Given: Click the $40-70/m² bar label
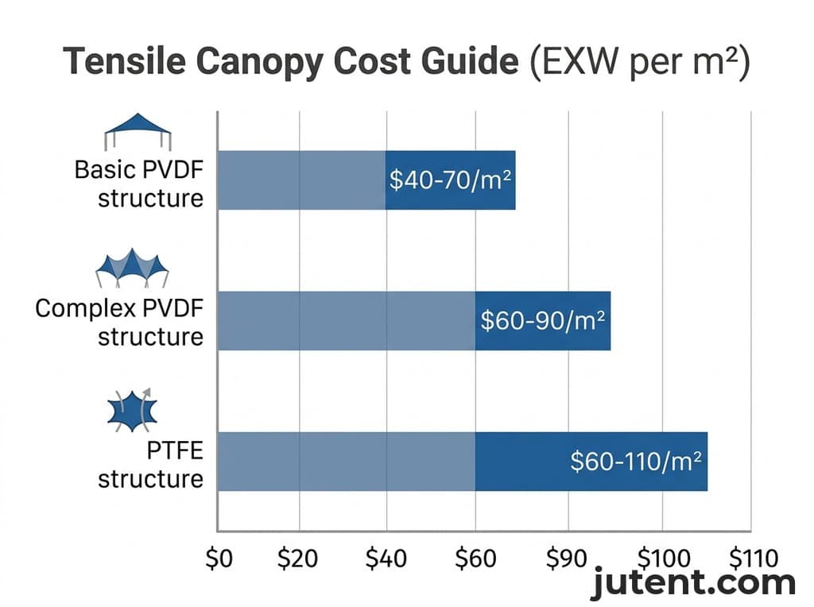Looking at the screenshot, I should tap(448, 180).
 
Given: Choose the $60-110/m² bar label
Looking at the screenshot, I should tap(638, 462).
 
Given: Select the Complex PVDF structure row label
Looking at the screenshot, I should tap(119, 322).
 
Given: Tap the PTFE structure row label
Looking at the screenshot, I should tap(151, 465).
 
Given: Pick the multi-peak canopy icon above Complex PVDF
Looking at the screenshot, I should tap(132, 269).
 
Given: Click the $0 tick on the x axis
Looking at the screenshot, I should tap(219, 559).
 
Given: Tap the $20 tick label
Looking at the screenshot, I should tap(298, 559).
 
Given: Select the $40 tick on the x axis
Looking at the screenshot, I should tap(386, 559).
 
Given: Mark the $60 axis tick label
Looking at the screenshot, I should tap(475, 559).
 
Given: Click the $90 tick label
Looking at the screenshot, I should tap(567, 559).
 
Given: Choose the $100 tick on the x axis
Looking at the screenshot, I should tap(661, 559).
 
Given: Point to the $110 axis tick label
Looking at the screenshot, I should tap(753, 559).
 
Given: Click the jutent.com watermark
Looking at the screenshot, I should tap(693, 583).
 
